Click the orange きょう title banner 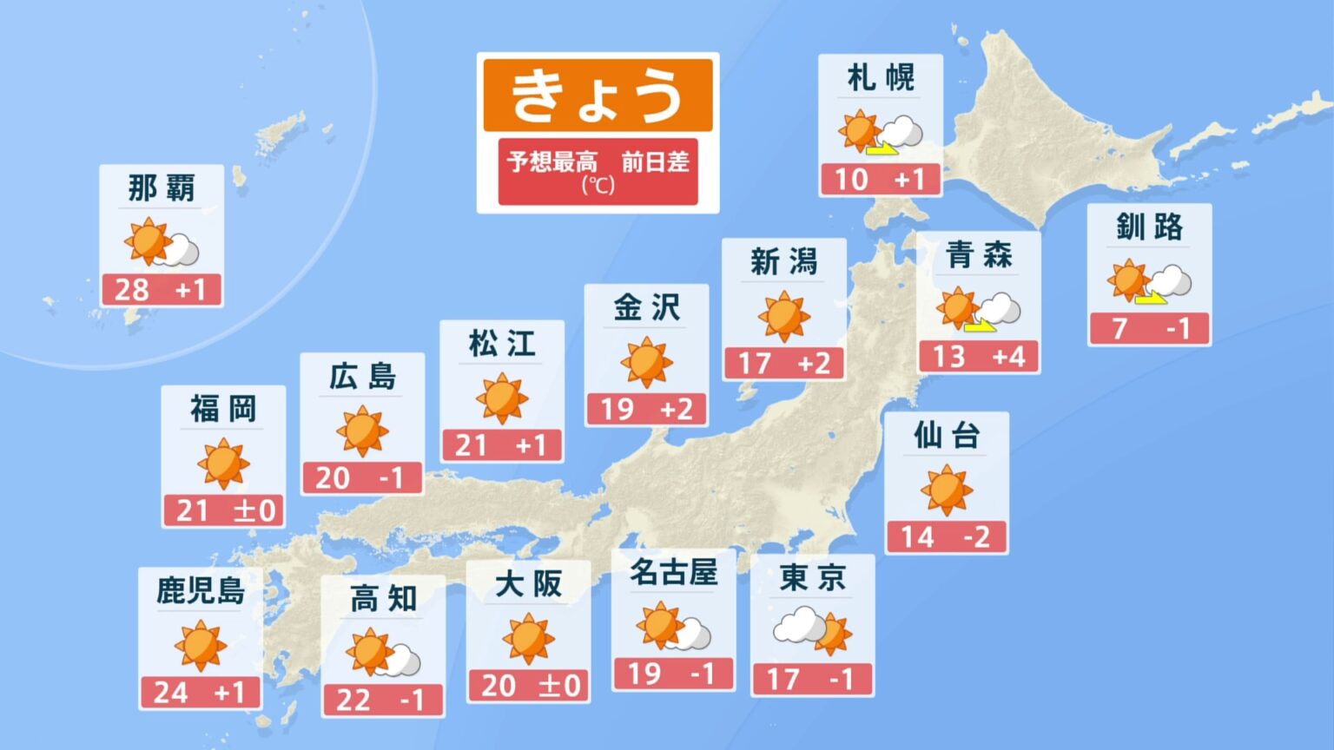[x=598, y=95]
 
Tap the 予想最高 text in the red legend [x=552, y=162]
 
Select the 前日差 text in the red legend [x=655, y=162]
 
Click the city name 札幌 [x=881, y=78]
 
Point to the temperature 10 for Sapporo [x=851, y=180]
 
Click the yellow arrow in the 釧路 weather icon [x=1152, y=298]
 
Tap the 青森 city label [x=979, y=255]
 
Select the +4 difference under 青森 [x=1008, y=357]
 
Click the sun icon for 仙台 [x=946, y=490]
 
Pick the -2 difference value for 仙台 [x=976, y=537]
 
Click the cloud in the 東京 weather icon [x=798, y=625]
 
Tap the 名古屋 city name [x=673, y=573]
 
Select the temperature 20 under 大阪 [x=499, y=686]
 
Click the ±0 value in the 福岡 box [x=254, y=510]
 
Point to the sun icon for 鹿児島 [x=200, y=646]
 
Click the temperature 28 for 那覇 [x=131, y=290]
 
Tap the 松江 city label [x=502, y=344]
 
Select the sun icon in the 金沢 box [x=646, y=362]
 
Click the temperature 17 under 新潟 [x=754, y=363]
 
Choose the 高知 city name [x=383, y=599]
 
